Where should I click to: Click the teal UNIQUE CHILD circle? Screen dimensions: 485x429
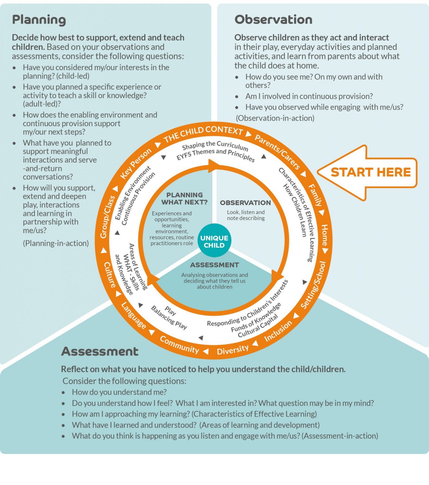(x=214, y=241)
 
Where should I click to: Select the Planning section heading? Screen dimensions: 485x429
(x=39, y=20)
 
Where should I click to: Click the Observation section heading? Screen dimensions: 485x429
(x=273, y=20)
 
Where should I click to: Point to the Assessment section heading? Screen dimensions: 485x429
(x=100, y=351)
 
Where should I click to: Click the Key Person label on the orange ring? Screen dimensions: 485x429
(x=136, y=163)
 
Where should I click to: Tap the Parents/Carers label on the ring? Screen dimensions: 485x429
(x=277, y=152)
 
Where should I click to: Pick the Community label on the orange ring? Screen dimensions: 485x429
(x=179, y=344)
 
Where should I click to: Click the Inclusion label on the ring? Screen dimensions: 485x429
(x=278, y=331)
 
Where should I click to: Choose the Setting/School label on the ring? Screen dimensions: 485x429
(x=314, y=285)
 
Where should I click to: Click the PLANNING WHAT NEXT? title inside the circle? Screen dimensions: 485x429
(x=184, y=198)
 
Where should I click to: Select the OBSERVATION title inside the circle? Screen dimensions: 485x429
(x=245, y=203)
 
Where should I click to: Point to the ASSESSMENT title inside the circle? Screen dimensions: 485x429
(x=215, y=265)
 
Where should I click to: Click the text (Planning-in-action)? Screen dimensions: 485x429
(x=56, y=243)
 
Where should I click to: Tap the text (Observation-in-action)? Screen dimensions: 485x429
(x=275, y=118)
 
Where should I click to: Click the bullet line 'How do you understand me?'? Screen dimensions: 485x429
(x=119, y=392)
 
